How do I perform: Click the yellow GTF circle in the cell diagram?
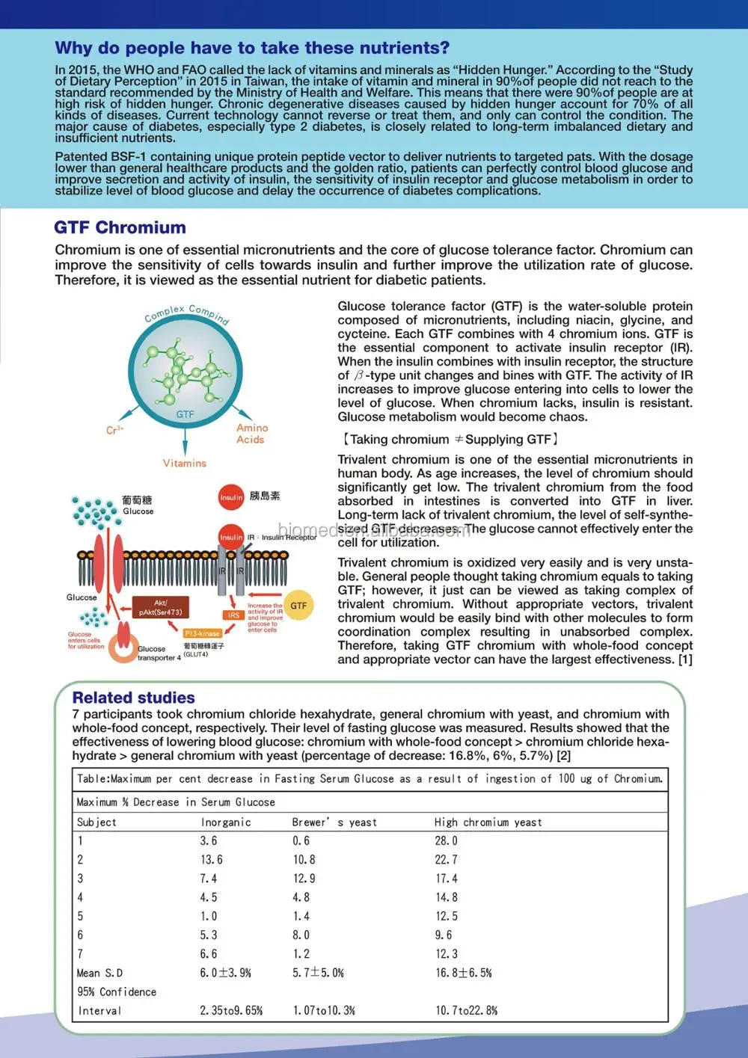[298, 606]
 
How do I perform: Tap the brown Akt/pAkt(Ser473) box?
[161, 607]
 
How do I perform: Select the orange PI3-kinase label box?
[202, 633]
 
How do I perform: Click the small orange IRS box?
[233, 615]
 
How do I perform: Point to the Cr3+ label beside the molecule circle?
[114, 430]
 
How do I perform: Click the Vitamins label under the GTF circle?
[185, 464]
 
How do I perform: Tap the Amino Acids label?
[251, 434]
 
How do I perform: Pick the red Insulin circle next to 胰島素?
[231, 496]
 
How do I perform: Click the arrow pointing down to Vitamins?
[185, 441]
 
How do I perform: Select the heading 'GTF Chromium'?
[120, 227]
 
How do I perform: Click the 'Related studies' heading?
[133, 698]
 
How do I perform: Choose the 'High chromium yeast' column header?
[488, 822]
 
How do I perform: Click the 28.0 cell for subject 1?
[446, 841]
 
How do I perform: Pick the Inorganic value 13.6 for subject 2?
[211, 860]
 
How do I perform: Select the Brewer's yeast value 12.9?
[304, 879]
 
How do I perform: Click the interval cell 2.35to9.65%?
[231, 1011]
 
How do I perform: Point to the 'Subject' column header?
[96, 822]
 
